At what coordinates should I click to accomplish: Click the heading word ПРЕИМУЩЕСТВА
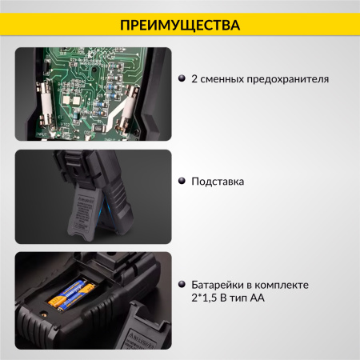(x=180, y=25)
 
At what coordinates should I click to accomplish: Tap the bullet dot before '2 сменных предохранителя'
(x=182, y=79)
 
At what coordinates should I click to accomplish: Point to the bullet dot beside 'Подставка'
(x=182, y=182)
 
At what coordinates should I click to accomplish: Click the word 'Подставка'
(x=218, y=182)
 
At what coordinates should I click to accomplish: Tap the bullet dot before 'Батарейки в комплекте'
(x=182, y=285)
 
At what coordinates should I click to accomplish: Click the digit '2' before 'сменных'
(x=194, y=79)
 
